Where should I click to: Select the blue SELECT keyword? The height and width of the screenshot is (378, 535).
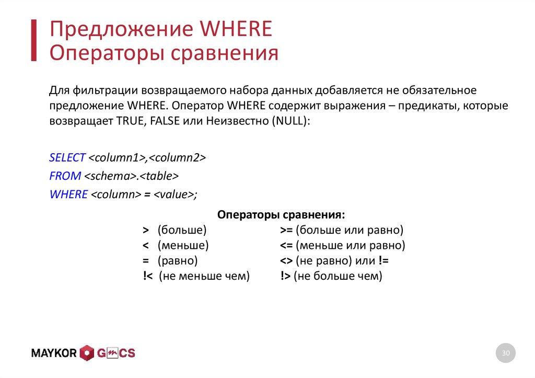tap(67, 157)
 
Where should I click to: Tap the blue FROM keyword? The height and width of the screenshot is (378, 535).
tap(65, 176)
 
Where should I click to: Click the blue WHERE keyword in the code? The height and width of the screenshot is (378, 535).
tap(68, 194)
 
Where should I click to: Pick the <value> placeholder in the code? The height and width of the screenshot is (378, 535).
tap(173, 194)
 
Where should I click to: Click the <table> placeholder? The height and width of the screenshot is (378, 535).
tap(160, 176)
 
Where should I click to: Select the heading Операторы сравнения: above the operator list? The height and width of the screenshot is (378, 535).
tap(281, 215)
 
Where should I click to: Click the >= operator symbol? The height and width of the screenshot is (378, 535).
tap(286, 230)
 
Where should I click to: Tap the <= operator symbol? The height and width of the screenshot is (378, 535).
tap(286, 245)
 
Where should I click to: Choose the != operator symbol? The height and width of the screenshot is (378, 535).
tap(383, 260)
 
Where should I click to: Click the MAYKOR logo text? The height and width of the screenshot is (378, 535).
tap(54, 353)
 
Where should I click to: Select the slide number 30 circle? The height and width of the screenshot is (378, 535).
tap(505, 353)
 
